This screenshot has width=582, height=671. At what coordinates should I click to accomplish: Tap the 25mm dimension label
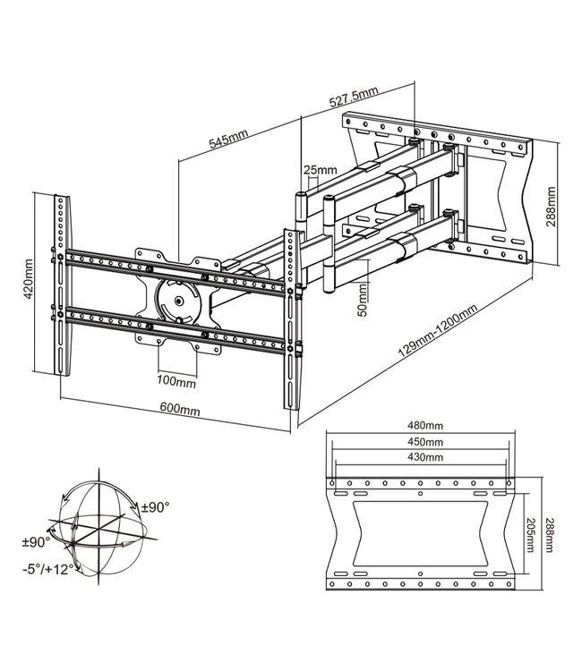coord(320,170)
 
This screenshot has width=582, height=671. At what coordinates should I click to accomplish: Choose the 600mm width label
coord(180,410)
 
